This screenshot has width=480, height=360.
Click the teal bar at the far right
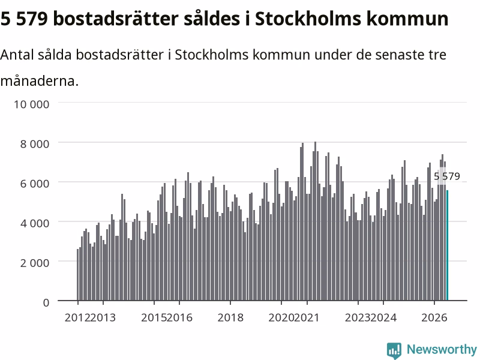point(447,245)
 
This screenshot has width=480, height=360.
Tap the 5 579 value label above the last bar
point(447,176)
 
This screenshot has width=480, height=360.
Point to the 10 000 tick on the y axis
point(32,104)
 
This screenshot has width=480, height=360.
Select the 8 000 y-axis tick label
point(35,144)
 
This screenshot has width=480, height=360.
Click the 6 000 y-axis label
point(35,184)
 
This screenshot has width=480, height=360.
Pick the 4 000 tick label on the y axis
point(35,223)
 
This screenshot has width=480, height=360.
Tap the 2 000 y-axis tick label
point(35,263)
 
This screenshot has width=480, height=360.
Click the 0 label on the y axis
point(46,303)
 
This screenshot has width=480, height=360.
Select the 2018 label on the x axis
point(230,318)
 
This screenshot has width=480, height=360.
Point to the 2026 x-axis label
point(434,318)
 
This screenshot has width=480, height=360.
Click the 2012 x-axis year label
point(77,318)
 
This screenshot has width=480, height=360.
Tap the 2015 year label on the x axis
point(154,318)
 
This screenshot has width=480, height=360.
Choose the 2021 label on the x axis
point(307,318)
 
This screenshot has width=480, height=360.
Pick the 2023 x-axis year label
point(358,318)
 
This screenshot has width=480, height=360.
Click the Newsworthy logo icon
point(394,350)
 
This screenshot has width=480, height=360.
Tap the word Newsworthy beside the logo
point(442,349)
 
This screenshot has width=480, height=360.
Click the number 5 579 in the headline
point(24,19)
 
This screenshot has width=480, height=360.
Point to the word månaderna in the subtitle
point(40,81)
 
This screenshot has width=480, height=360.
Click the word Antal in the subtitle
point(17,55)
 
